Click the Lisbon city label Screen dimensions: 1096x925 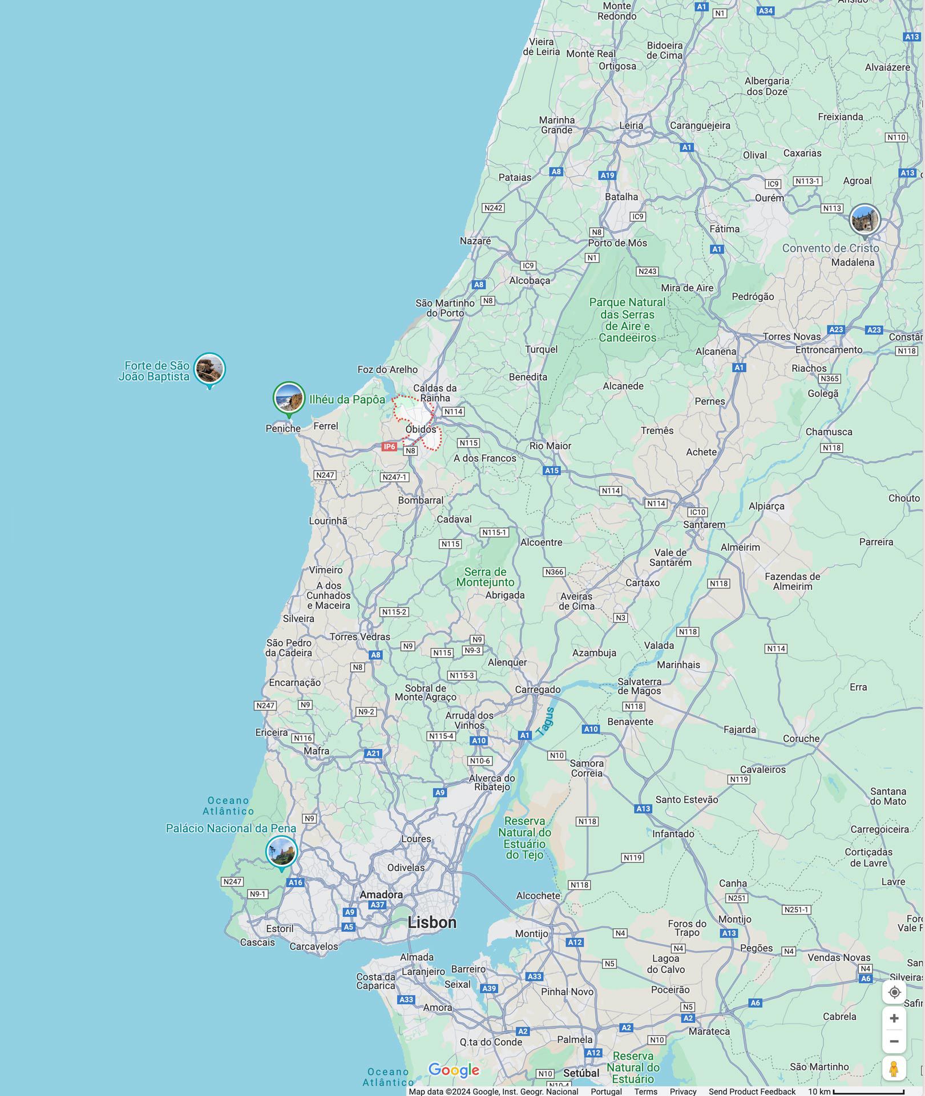coord(432,922)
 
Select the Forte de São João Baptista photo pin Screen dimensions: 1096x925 coord(209,369)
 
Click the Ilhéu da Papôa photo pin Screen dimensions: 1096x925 coord(289,398)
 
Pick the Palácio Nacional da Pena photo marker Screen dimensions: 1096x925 coord(281,852)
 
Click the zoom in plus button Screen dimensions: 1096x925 coord(894,1018)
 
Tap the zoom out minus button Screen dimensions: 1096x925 coord(894,1041)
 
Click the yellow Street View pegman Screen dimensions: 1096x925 coord(894,1068)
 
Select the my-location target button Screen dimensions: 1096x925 coord(894,992)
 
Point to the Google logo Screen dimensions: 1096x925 coord(454,1070)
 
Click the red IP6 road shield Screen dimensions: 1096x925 coord(389,446)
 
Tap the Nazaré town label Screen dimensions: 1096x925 coord(475,241)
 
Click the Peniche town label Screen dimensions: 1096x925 coord(283,428)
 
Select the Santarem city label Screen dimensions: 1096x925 coord(704,525)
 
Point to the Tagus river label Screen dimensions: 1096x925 coord(545,721)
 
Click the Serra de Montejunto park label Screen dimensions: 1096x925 coord(485,577)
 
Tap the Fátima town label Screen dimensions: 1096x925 coord(724,229)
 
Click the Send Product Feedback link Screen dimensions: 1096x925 coord(752,1091)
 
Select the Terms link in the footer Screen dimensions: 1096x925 coord(645,1091)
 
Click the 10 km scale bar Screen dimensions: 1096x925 coord(868,1091)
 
